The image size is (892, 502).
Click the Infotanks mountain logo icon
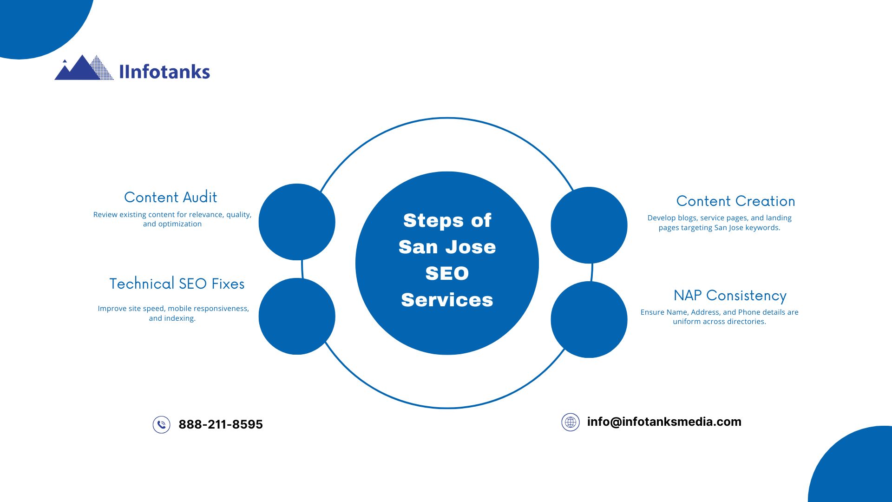click(x=84, y=68)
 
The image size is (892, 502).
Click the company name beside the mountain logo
click(x=164, y=72)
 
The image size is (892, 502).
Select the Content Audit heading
click(x=171, y=197)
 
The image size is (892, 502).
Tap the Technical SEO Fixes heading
click(x=177, y=284)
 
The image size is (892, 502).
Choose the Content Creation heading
click(x=735, y=201)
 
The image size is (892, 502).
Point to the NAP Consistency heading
click(x=730, y=296)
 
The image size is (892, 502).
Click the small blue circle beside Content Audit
click(x=297, y=222)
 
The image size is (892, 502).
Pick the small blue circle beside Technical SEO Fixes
click(x=297, y=316)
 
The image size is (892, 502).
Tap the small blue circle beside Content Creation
click(x=589, y=225)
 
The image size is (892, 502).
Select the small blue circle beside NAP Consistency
click(x=589, y=319)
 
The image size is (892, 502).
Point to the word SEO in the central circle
click(x=447, y=273)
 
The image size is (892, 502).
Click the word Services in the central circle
click(x=447, y=300)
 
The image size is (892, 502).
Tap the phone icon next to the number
click(x=161, y=424)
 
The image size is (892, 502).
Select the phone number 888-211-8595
click(x=221, y=424)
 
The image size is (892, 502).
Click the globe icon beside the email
click(x=571, y=422)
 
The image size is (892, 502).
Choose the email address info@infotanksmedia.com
click(x=664, y=422)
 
